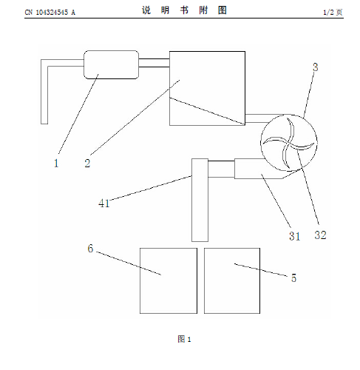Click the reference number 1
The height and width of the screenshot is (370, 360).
point(56,163)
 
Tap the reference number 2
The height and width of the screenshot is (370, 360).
point(87,164)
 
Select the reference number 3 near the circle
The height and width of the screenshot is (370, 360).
point(316,67)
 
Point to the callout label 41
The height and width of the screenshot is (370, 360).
point(103,203)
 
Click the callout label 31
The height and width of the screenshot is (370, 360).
point(295,236)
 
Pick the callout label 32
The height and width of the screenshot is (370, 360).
point(320,235)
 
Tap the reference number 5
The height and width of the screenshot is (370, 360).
point(293,278)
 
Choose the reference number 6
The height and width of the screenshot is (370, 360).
point(90,249)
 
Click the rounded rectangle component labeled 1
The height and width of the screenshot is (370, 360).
point(111,64)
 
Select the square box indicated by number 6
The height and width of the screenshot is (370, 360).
point(169,280)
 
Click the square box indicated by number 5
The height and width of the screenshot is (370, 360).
point(232,280)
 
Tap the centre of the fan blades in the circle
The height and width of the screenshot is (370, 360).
point(289,143)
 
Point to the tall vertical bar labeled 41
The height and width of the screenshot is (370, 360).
point(200,200)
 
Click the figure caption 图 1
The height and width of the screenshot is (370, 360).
point(184,339)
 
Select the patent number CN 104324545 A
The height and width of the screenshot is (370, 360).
point(50,13)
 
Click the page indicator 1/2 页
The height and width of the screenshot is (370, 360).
point(333,12)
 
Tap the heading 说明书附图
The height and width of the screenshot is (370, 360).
point(184,10)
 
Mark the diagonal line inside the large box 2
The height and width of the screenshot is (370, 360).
point(207,111)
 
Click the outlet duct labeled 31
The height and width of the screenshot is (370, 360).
point(259,169)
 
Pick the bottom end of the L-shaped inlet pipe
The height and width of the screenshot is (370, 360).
point(44,124)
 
